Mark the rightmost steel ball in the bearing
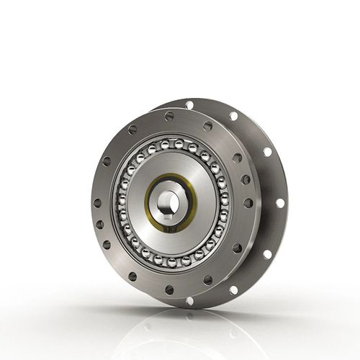point(224,204)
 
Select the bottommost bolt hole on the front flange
point(169,290)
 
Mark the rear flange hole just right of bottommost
point(233,290)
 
